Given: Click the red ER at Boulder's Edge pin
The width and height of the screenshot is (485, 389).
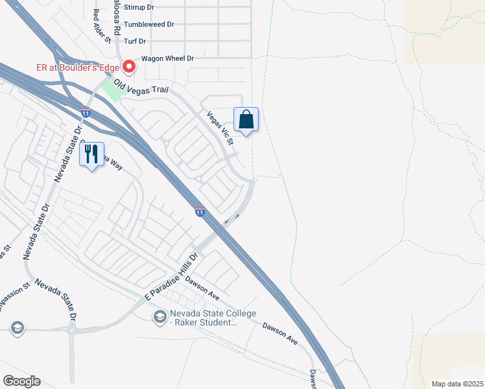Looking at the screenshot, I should pos(129,66).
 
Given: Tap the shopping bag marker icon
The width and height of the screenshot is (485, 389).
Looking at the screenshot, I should pos(246,120).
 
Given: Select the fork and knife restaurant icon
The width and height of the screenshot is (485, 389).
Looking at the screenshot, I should pos(91,154).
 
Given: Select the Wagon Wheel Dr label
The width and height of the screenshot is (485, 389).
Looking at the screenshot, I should pos(168,58).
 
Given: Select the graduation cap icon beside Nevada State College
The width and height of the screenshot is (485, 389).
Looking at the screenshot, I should pos(159,316).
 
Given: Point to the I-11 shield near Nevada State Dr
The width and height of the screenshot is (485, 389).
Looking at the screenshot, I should pos(86,113).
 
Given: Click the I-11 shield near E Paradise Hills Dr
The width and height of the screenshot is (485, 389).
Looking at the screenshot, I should pos(200,212).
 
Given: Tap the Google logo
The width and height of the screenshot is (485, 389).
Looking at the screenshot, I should pos(21,381).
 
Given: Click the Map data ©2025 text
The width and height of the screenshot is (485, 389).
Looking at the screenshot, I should pos(457,384).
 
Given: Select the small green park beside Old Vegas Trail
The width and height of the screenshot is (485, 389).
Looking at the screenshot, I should pos(112,90).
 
